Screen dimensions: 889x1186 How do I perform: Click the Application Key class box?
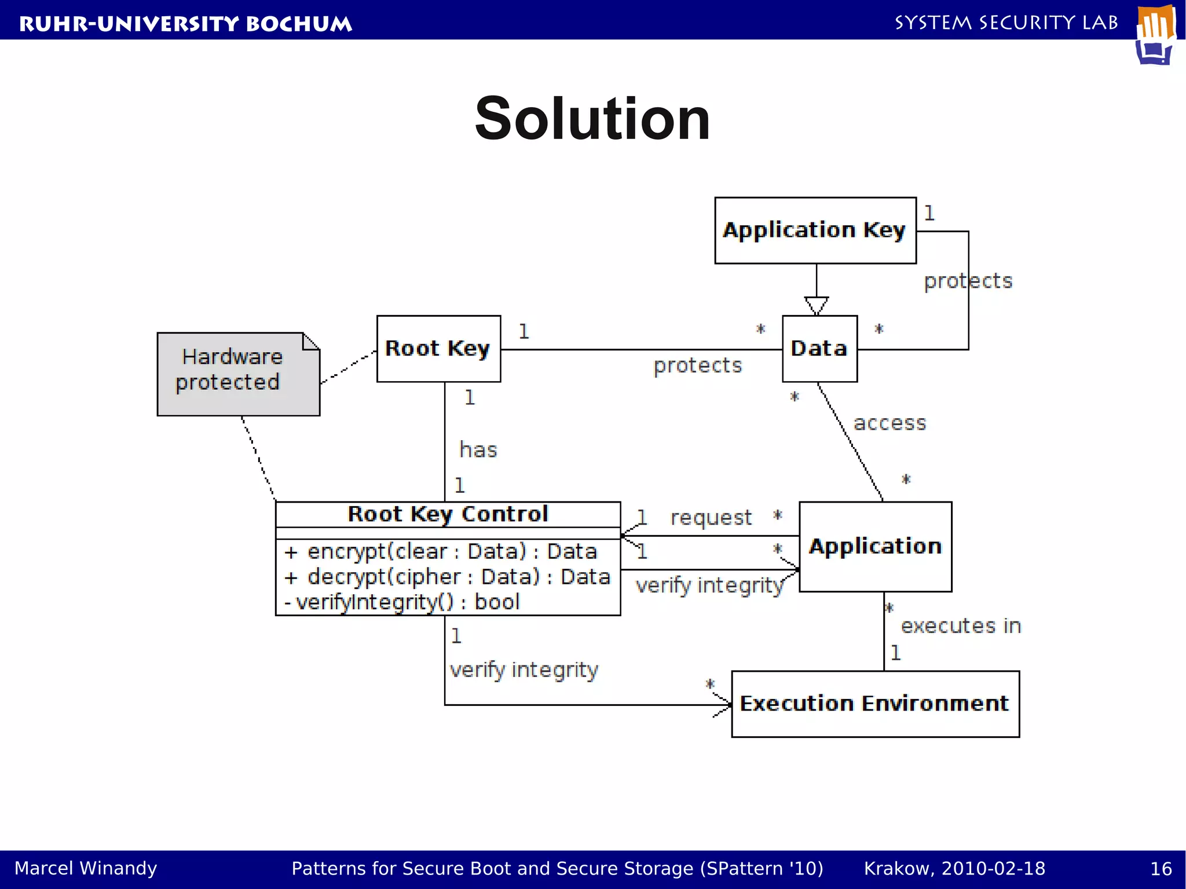815,231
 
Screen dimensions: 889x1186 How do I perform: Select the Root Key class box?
438,349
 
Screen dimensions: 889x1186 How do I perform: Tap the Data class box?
819,349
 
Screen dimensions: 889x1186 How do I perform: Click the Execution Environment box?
875,704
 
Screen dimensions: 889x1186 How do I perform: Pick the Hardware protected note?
232,371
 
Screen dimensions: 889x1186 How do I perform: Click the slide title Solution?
592,119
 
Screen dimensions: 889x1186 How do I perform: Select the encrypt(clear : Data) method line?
440,551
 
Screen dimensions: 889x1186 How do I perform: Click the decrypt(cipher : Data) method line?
447,577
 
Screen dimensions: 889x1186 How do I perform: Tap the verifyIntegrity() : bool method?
402,602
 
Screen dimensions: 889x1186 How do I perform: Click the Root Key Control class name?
448,514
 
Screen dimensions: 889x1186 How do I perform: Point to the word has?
478,450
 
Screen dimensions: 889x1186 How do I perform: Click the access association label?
889,423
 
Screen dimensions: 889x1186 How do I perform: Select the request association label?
711,517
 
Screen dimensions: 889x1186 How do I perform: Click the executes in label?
961,626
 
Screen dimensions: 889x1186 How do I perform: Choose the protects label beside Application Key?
968,281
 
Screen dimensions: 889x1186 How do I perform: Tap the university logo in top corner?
1155,35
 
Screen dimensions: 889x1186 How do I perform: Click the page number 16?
1161,869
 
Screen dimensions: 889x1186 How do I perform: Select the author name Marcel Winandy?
86,868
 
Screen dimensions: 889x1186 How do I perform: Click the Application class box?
875,547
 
